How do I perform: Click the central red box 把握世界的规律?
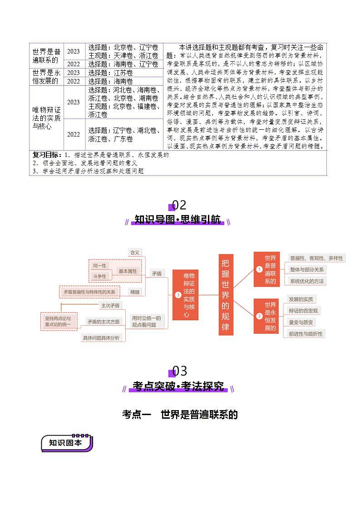pos(226,294)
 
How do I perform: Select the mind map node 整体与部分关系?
pos(307,269)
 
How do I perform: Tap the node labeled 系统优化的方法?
pos(307,281)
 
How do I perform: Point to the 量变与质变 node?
pos(301,323)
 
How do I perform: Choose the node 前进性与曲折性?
pos(306,334)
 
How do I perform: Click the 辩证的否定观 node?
pos(303,311)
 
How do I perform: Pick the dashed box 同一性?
pos(99,266)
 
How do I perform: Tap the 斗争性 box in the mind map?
pos(99,276)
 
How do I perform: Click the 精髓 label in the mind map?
pos(135,292)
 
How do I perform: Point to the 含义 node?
pos(135,252)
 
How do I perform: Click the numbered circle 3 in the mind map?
pos(178,295)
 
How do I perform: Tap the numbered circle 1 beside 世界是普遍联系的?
pos(259,269)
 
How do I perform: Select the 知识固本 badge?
pos(66,443)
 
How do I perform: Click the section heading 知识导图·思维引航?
pos(178,220)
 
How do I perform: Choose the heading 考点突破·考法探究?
pos(178,387)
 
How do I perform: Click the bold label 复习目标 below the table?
pos(47,155)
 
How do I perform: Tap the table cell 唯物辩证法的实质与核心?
pos(46,118)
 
